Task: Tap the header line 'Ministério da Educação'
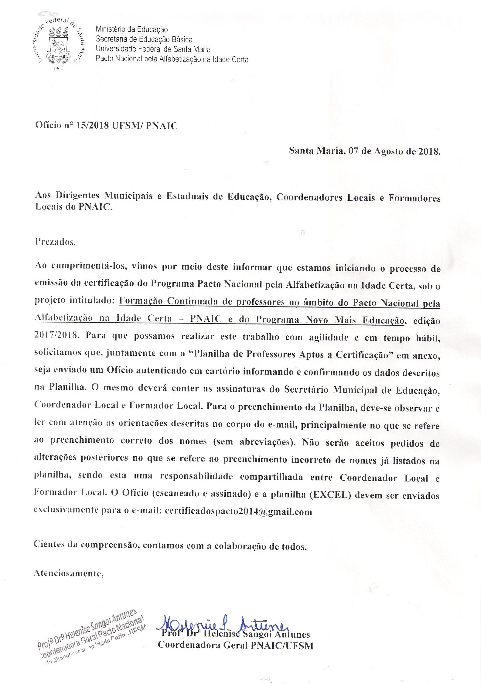click(x=132, y=29)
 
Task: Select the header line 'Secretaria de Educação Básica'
click(x=144, y=39)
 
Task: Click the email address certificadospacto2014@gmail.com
click(x=238, y=512)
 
